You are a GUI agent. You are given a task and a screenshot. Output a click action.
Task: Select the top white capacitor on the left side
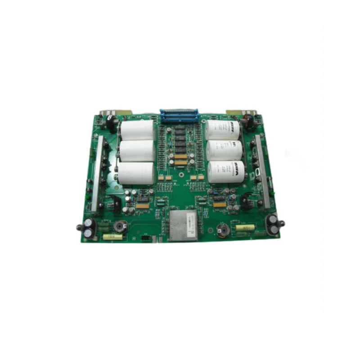coord(137,130)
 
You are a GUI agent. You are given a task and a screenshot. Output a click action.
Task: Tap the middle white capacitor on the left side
coord(137,151)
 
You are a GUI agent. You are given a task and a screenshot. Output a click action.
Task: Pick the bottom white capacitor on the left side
coord(136,173)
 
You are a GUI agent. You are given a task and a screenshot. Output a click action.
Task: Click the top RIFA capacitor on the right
coord(223,129)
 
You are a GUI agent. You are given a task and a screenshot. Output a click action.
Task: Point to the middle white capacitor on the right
coord(225,150)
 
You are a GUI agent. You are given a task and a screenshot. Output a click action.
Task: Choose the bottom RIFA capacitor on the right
coord(226,171)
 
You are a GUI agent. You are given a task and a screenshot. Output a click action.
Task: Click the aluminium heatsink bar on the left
coord(96,173)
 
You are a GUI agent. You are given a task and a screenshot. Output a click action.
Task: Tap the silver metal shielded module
coord(183,225)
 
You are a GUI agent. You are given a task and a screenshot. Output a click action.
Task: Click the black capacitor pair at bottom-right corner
coord(273,224)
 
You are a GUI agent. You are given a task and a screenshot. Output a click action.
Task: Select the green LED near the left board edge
coord(88,196)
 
